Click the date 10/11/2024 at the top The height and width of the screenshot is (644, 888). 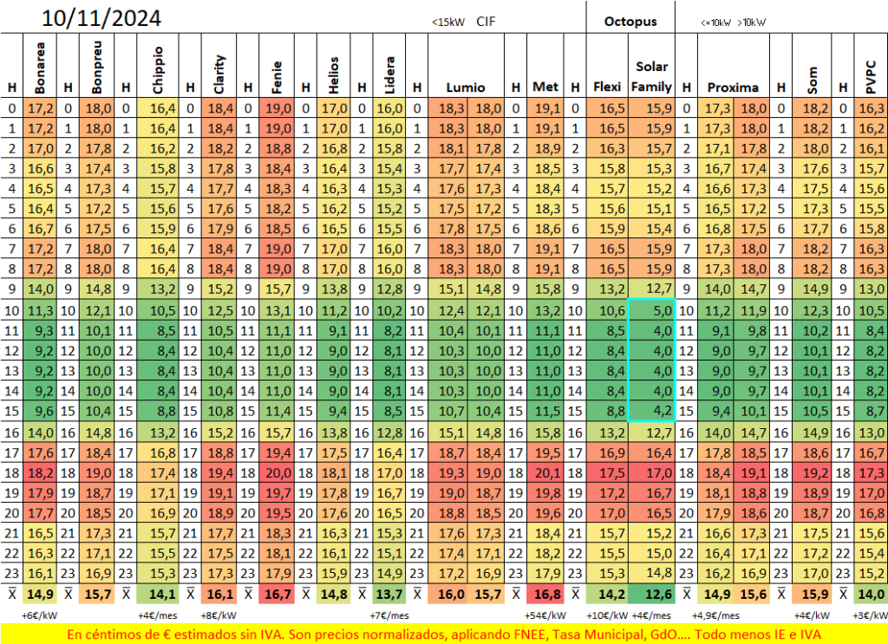point(101,18)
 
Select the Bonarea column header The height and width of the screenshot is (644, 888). point(40,68)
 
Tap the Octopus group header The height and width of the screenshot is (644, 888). point(630,22)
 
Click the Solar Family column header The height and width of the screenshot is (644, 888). point(651,76)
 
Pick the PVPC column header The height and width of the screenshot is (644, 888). point(871,77)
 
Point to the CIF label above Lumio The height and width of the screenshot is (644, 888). point(486,22)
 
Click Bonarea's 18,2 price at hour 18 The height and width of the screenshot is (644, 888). point(41,473)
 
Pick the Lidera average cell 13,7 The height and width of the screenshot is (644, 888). point(389,595)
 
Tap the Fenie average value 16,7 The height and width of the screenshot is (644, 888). point(277,595)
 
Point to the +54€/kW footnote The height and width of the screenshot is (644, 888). point(545,615)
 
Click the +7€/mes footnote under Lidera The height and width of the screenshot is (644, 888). point(389,615)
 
